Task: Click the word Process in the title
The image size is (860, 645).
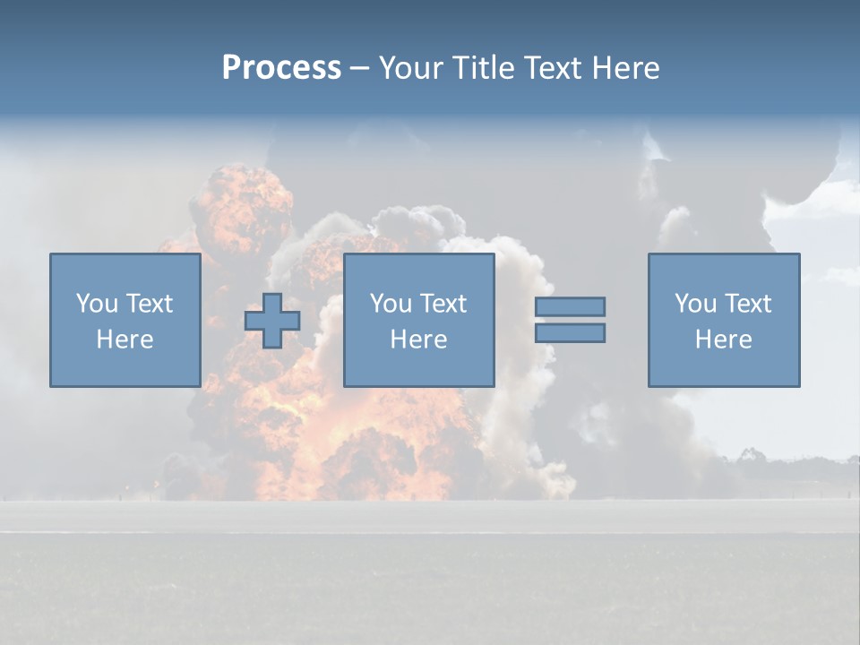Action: click(281, 68)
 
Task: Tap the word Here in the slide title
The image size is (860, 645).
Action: click(625, 68)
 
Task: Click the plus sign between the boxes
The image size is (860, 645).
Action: click(272, 321)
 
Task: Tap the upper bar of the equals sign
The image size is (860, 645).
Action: click(570, 306)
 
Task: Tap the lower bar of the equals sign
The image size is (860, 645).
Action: click(570, 332)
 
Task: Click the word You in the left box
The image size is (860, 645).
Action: click(97, 304)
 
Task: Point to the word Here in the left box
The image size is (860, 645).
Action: click(125, 340)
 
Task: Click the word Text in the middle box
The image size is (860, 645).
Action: click(443, 304)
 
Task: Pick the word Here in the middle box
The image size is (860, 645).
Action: click(418, 340)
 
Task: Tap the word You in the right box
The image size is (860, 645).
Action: click(696, 304)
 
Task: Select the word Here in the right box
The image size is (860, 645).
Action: click(723, 340)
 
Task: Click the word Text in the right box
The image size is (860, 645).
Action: click(747, 304)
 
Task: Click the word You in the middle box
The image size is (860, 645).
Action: click(391, 304)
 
